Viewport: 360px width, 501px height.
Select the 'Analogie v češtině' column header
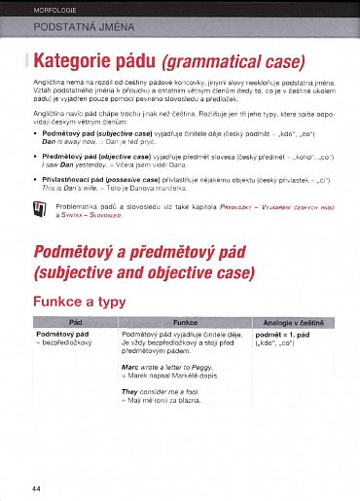click(292, 321)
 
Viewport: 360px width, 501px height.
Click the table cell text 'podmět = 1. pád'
click(282, 335)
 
